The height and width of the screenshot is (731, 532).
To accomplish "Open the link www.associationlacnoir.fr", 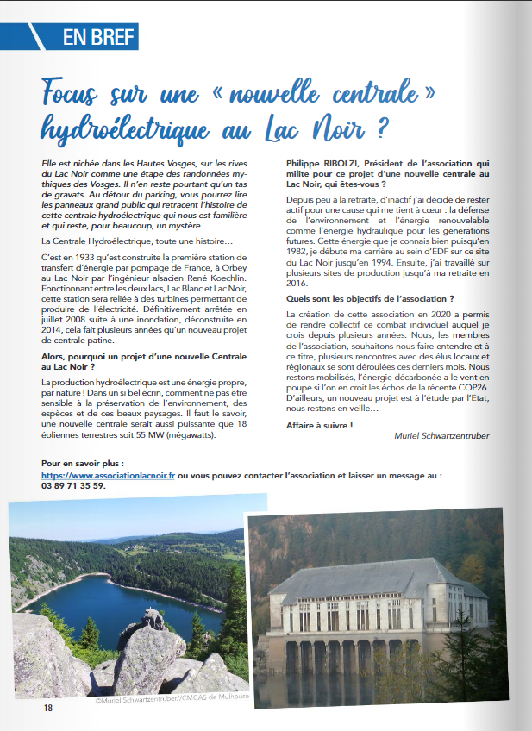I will click(108, 475).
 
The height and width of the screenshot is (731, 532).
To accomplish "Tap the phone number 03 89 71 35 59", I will click(73, 485).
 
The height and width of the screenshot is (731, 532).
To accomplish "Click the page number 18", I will click(48, 708).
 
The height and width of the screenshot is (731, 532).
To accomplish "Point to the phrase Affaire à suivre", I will click(319, 426).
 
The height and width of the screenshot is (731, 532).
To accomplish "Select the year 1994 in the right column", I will click(391, 260).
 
